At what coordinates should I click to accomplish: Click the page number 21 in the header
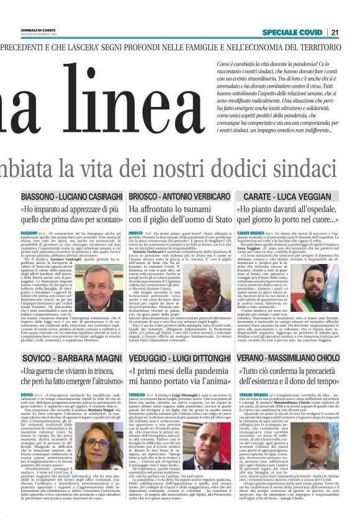351,32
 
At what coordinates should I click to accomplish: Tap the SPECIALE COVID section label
294,32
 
